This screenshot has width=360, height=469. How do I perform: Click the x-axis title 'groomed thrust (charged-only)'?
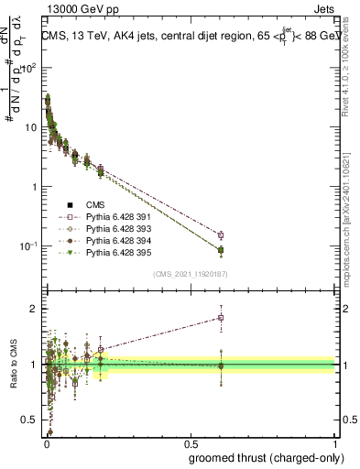265,457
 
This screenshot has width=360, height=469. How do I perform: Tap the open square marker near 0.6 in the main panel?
220,235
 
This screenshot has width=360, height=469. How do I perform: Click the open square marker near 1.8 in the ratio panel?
220,318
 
